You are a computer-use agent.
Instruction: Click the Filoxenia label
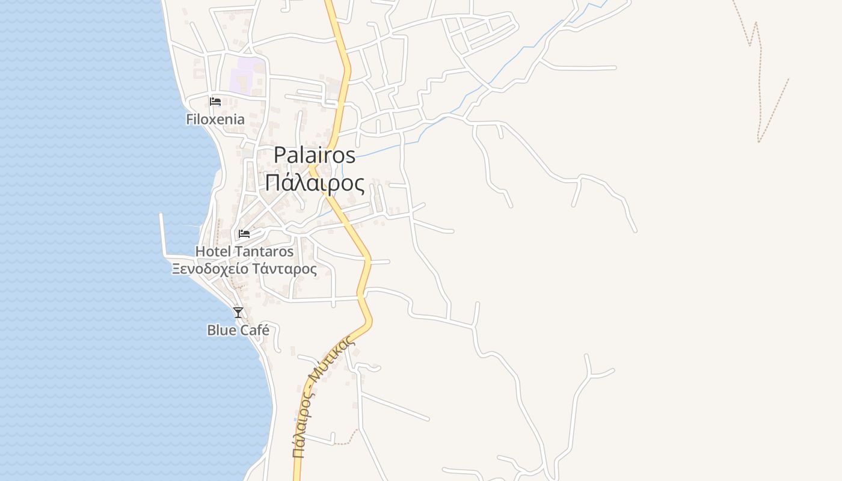pyautogui.click(x=215, y=119)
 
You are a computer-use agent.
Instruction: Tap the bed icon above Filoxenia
pyautogui.click(x=215, y=101)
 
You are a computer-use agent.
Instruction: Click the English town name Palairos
pyautogui.click(x=315, y=155)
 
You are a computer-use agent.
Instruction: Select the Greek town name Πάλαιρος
pyautogui.click(x=315, y=183)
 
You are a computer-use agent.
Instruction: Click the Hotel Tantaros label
pyautogui.click(x=244, y=251)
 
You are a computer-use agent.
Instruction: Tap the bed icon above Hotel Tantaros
pyautogui.click(x=244, y=233)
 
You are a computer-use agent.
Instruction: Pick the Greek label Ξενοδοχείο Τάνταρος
pyautogui.click(x=244, y=268)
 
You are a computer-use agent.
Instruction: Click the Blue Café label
pyautogui.click(x=238, y=330)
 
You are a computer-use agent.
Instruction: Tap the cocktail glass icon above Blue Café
pyautogui.click(x=238, y=312)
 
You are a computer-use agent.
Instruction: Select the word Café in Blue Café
pyautogui.click(x=255, y=330)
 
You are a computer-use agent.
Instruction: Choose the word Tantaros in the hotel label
pyautogui.click(x=264, y=251)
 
